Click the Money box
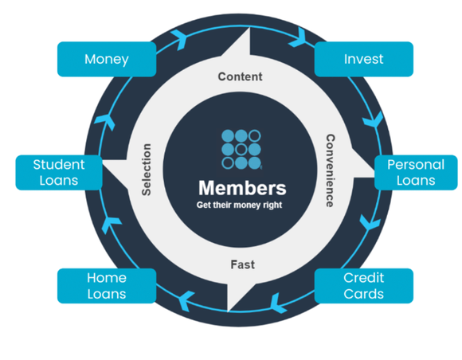(107, 59)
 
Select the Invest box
(363, 59)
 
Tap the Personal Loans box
(415, 172)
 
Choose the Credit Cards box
(363, 285)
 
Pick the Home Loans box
(107, 285)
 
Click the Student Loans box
(58, 172)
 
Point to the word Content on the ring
(240, 77)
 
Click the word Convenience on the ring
(329, 170)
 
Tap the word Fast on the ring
(241, 264)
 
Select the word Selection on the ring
(147, 170)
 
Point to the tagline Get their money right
(240, 205)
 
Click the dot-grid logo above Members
(241, 149)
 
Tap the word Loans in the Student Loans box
(58, 180)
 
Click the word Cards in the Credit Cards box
(363, 293)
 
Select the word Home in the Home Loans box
(107, 277)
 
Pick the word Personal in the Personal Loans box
(415, 165)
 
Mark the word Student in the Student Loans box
(58, 165)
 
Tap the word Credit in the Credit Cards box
(363, 278)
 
